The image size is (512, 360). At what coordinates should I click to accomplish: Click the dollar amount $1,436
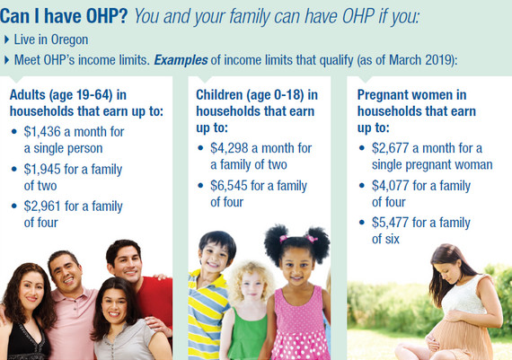[x=42, y=132]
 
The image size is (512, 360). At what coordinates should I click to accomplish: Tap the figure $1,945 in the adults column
[x=42, y=170]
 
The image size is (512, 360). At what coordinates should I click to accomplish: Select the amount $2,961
[x=42, y=206]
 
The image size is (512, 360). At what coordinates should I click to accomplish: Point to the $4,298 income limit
[x=229, y=148]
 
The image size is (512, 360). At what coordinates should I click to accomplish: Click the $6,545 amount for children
[x=229, y=186]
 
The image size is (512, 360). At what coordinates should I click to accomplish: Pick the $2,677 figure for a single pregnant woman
[x=390, y=148]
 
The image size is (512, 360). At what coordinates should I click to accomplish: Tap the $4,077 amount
[x=390, y=186]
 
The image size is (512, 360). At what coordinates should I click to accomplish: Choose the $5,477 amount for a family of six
[x=390, y=223]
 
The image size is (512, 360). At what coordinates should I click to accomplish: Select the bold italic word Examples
[x=181, y=60]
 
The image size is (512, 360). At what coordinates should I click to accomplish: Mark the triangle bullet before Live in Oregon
[x=7, y=40]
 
